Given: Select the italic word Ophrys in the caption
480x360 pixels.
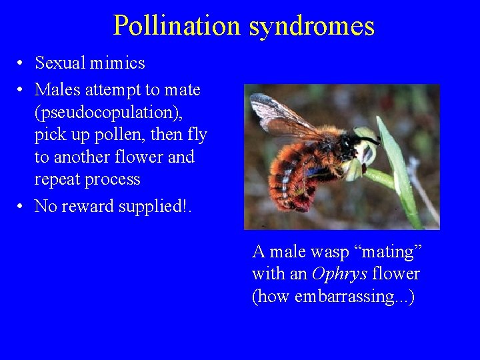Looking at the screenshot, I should coord(339,274).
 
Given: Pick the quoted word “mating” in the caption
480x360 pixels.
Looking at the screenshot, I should coord(387,252).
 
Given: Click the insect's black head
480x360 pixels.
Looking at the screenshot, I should coord(350,143).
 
